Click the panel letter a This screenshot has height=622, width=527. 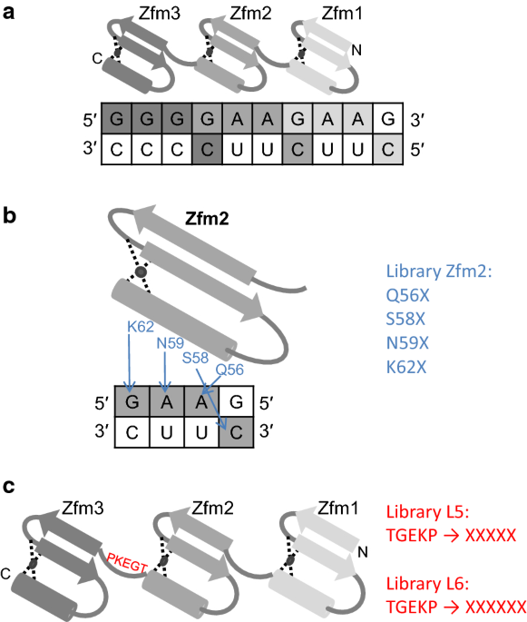click(x=8, y=13)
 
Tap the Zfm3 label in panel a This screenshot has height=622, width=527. click(x=160, y=14)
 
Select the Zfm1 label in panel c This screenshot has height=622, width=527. click(x=338, y=508)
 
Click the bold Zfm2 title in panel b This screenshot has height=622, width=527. click(x=207, y=219)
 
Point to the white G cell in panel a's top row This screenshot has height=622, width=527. click(x=388, y=118)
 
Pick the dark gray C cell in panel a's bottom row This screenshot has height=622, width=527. click(x=207, y=149)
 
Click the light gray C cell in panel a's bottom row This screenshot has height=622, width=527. click(x=388, y=149)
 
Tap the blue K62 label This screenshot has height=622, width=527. click(x=141, y=327)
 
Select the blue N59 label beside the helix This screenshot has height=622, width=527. click(x=170, y=343)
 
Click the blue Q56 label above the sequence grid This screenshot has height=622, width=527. click(x=229, y=370)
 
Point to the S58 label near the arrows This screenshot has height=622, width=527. click(x=195, y=358)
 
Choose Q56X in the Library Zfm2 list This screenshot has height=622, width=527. click(x=408, y=295)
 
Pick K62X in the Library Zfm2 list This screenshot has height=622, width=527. click(x=406, y=368)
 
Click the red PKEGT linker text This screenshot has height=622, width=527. click(x=127, y=563)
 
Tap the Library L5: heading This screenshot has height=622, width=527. click(x=427, y=512)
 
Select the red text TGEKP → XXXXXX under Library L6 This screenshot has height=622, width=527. click(x=456, y=607)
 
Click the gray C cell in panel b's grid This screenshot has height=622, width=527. click(x=236, y=432)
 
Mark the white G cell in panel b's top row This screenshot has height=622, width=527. click(x=236, y=401)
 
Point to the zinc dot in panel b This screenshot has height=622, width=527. click(x=141, y=272)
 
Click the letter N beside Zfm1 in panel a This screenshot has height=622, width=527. click(x=356, y=50)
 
